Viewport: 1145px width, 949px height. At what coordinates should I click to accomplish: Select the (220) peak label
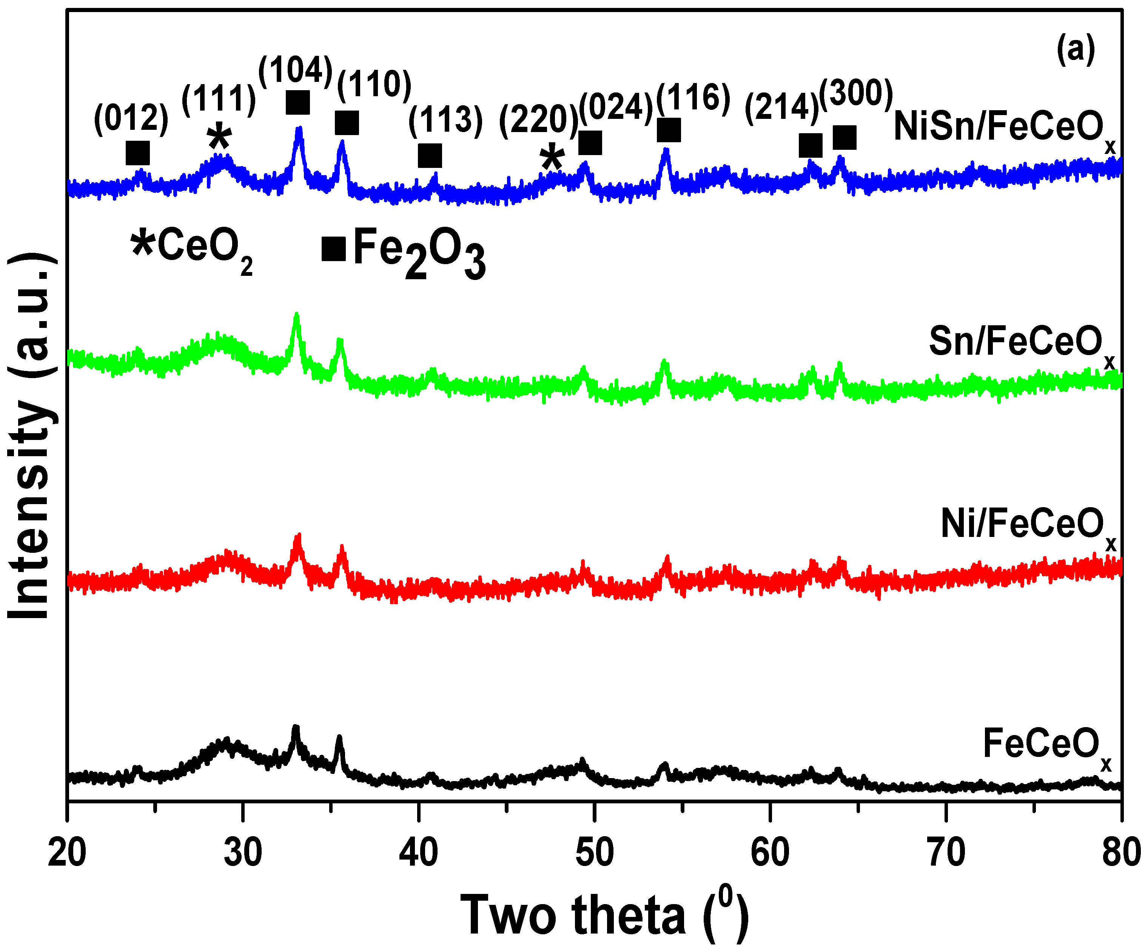point(539,120)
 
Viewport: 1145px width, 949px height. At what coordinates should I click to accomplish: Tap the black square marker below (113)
point(430,156)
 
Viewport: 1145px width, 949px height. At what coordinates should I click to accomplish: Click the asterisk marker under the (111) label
point(219,136)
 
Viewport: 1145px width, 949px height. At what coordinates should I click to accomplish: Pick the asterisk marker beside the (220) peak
point(552,158)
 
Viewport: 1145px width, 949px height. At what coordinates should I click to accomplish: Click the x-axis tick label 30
point(243,853)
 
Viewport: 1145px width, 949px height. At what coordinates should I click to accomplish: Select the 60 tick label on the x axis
point(769,853)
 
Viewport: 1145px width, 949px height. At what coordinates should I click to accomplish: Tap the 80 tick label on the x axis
point(1120,853)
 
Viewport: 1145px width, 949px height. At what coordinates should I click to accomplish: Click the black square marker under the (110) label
point(347,123)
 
